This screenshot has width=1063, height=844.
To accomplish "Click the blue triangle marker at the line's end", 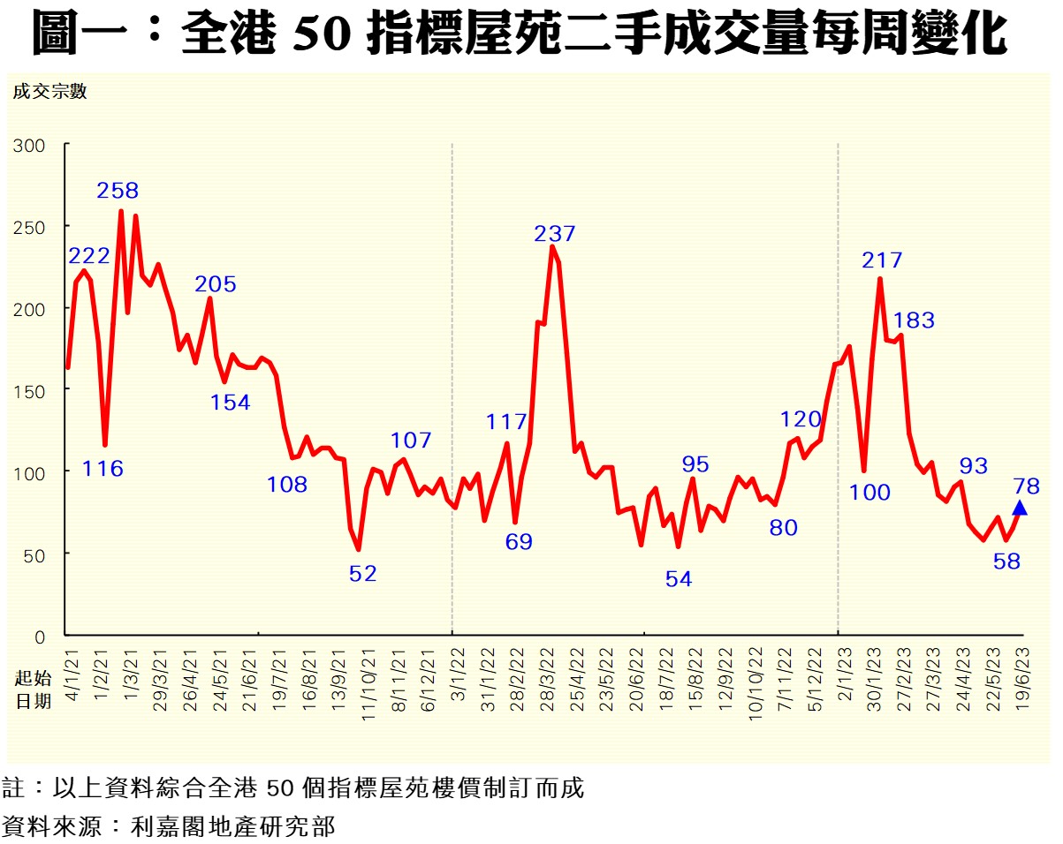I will click(1019, 508).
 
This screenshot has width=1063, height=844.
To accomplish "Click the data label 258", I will click(118, 191).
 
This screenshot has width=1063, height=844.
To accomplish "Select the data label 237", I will click(554, 234).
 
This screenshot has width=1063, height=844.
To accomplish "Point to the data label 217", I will click(882, 260).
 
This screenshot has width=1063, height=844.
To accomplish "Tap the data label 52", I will click(363, 573).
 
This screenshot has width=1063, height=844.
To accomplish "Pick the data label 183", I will click(914, 320).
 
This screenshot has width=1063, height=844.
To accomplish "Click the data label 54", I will click(679, 579).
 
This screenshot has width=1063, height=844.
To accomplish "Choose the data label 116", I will click(103, 469).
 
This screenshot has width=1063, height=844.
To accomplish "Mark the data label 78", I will click(1027, 486).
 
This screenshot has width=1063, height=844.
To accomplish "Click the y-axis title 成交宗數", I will click(49, 91).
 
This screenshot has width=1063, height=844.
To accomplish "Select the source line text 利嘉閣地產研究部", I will click(233, 827).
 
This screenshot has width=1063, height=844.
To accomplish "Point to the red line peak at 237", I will click(552, 247).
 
